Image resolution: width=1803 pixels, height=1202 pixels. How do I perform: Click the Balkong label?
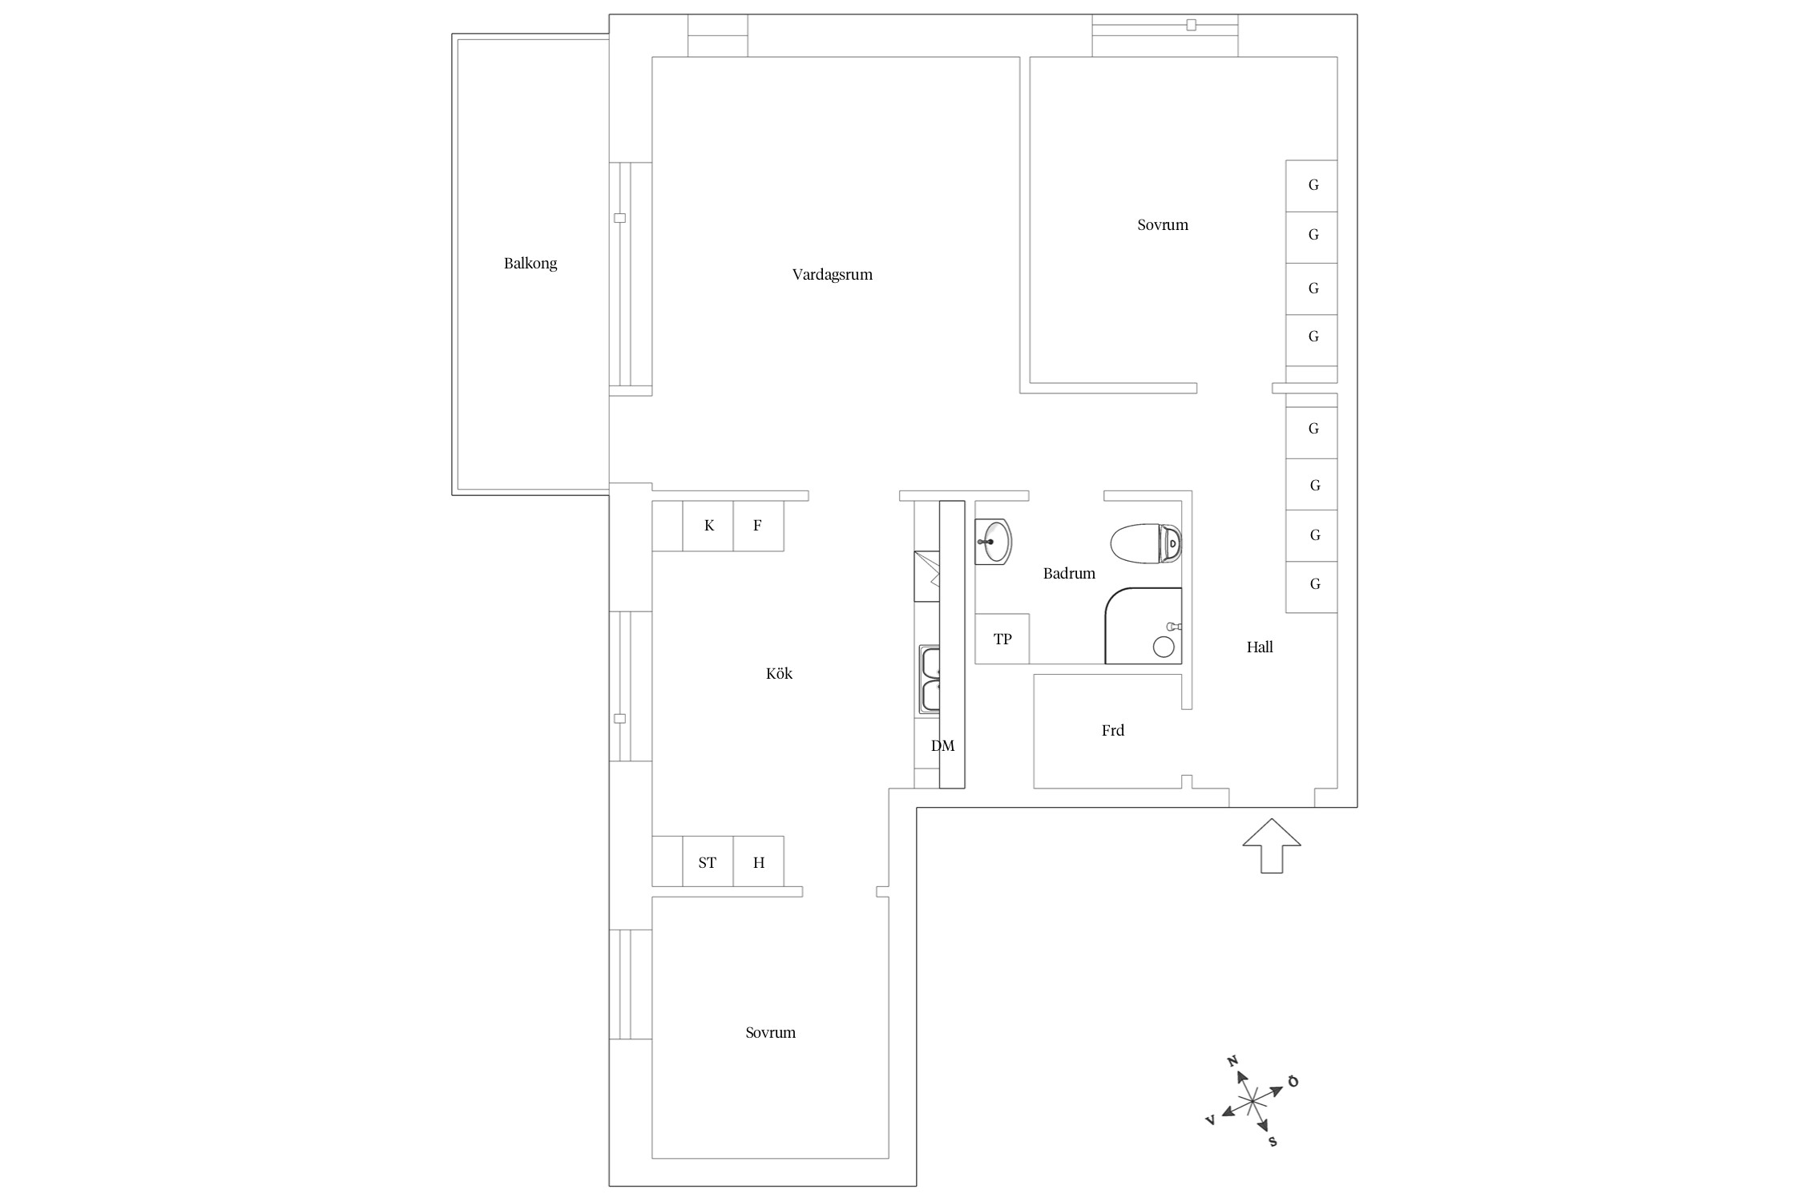coord(530,264)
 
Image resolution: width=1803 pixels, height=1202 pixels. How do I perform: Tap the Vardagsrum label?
coord(832,275)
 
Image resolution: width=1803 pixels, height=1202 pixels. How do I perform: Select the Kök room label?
coord(779,673)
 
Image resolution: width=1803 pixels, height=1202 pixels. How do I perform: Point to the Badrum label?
coord(1069,573)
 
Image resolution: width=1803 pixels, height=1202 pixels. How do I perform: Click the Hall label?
coord(1260,647)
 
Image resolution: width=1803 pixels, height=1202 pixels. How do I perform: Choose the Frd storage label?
coord(1113,730)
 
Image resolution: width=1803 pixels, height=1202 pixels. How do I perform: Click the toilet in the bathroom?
coord(1146,543)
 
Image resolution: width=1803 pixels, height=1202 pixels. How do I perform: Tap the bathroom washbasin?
coord(994,542)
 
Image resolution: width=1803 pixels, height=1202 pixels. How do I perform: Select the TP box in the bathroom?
coord(1002,639)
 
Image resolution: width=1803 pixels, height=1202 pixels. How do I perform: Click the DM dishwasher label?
coord(942,746)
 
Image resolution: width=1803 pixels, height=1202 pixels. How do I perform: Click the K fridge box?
coord(708,526)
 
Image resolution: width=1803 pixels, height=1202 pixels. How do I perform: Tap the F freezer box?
coord(758,526)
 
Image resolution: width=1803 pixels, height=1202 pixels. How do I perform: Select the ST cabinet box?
coord(708,861)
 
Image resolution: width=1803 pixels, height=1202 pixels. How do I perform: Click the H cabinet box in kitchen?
coord(759,861)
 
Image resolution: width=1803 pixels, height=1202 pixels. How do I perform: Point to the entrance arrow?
coord(1272,845)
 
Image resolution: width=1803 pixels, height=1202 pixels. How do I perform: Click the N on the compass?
coord(1233,1061)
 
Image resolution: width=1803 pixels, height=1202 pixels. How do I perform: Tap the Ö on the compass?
coord(1293,1082)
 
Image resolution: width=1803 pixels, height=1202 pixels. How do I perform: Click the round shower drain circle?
coord(1163,646)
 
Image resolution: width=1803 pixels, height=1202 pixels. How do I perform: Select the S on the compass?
coord(1273,1142)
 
